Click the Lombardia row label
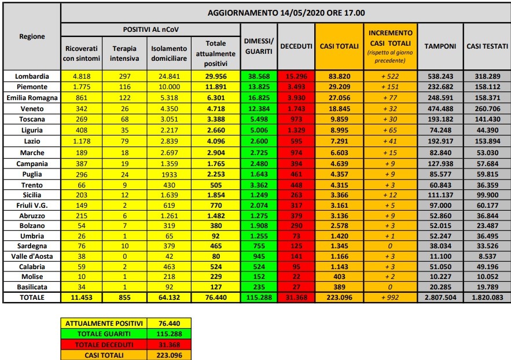coord(32,76)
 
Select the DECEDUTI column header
coord(296,46)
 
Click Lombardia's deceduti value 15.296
coord(296,76)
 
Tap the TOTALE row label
coord(32,297)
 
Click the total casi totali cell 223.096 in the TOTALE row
coord(339,297)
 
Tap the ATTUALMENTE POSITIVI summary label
coord(103,322)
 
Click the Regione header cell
coord(32,36)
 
